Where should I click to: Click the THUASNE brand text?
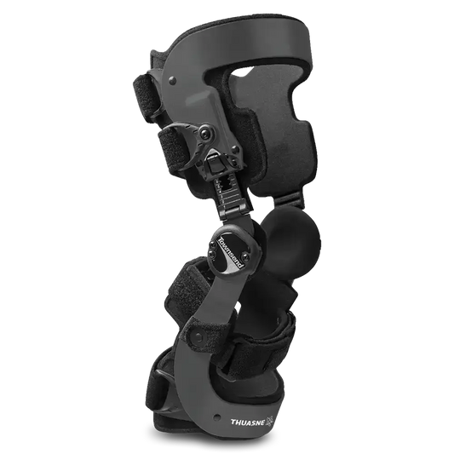coord(248,422)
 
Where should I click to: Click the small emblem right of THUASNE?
coord(270,422)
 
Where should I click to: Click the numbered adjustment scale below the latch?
coord(224,191)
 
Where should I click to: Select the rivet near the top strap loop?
coord(173,80)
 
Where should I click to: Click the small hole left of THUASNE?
coord(216,417)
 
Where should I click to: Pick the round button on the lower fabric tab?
coord(198,336)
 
